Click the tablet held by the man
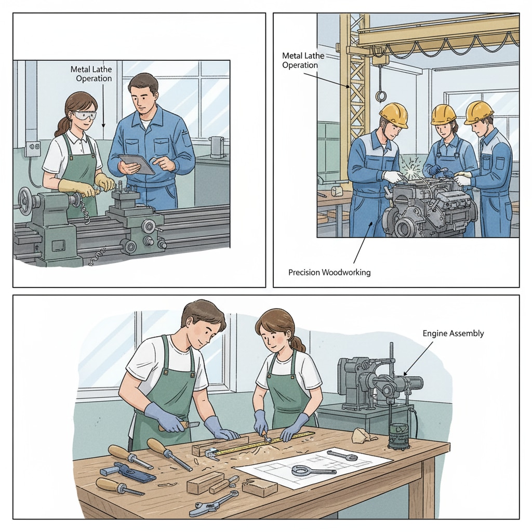pos(137,165)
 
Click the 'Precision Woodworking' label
pos(329,272)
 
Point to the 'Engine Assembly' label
pos(453,333)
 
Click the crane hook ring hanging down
pos(381,96)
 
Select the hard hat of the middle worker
pos(444,114)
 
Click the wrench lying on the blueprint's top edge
pos(342,456)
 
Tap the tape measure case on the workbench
pos(211,453)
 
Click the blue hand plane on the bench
pos(127,471)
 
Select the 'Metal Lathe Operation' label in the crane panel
pos(303,60)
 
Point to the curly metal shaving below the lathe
pos(96,258)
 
